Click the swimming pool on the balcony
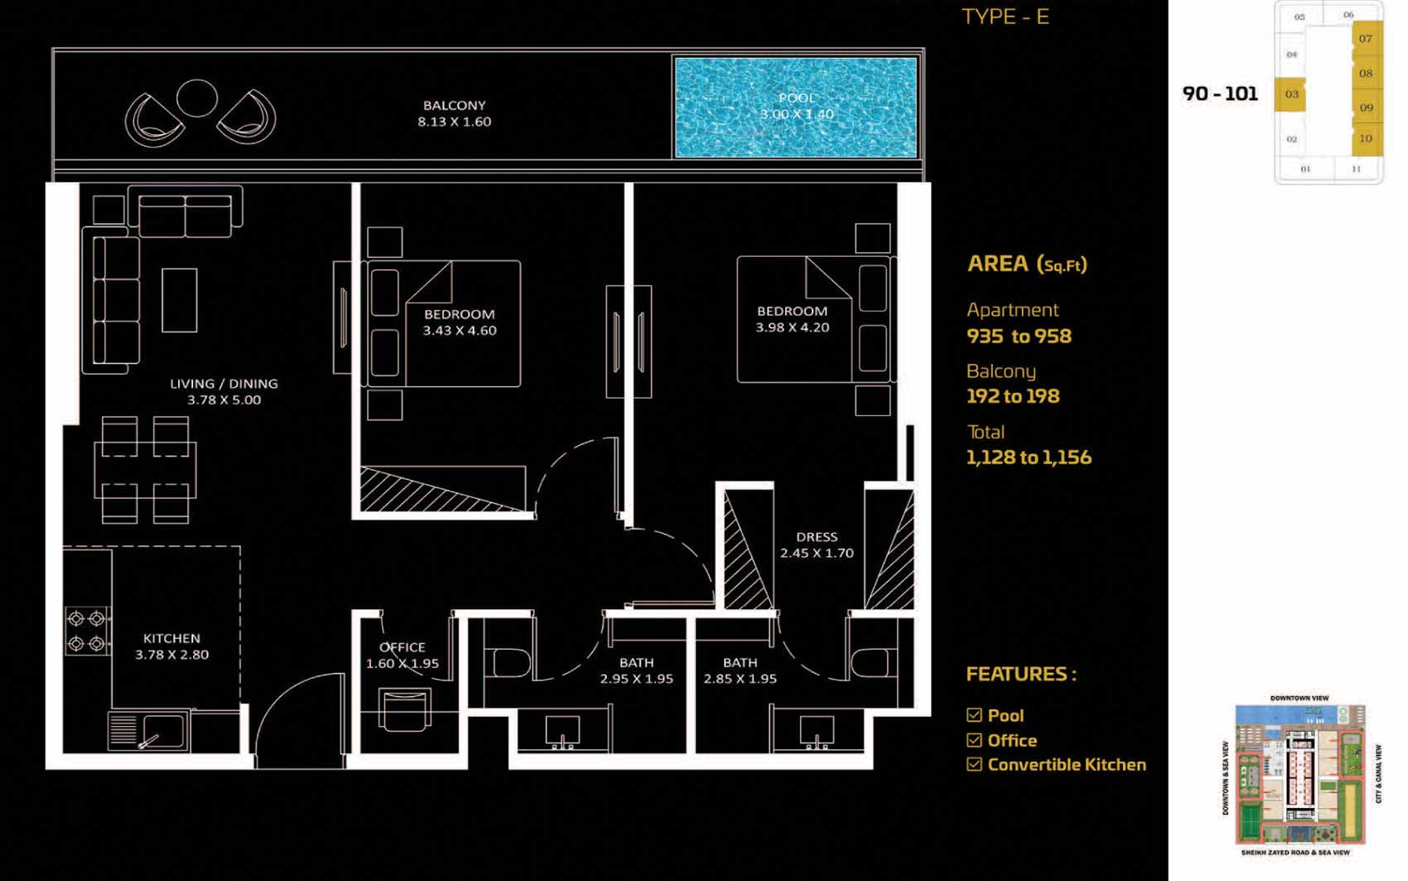[796, 108]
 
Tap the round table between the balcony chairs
[197, 98]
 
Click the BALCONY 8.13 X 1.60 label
[455, 114]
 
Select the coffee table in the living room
[180, 301]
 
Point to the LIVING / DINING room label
[224, 391]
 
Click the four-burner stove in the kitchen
[87, 632]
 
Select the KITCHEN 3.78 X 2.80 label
[171, 646]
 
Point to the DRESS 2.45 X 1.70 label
[817, 545]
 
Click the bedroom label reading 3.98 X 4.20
[792, 319]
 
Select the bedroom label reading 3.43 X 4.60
[460, 322]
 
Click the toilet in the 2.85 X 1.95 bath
[871, 663]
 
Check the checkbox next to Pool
[974, 715]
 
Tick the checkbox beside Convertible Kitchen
[974, 764]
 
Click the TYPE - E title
[1005, 17]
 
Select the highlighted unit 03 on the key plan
[1290, 95]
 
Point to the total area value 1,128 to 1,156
[1029, 457]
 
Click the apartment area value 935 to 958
[1019, 336]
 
